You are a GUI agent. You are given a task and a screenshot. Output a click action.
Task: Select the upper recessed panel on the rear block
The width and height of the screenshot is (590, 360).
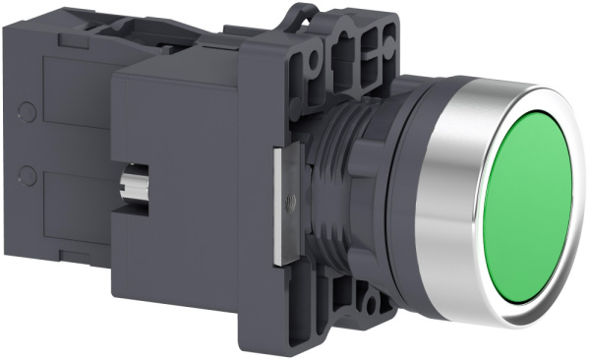pyautogui.click(x=74, y=98)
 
